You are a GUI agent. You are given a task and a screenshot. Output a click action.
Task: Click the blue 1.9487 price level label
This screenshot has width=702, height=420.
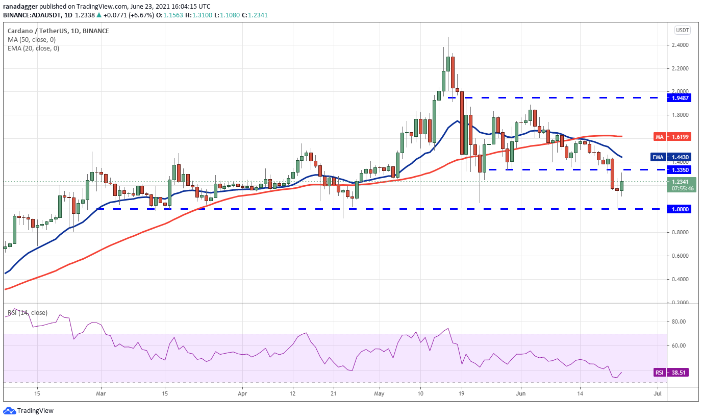679,98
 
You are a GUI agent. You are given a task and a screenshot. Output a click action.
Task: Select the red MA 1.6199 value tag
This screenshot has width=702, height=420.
672,137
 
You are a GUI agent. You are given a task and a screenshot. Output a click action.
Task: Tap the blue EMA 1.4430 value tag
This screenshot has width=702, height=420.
671,157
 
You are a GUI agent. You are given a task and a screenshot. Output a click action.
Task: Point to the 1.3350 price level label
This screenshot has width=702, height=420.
679,170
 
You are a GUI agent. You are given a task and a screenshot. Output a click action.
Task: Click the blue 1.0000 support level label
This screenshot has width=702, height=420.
679,209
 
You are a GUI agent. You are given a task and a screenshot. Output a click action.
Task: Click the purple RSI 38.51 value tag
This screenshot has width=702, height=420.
671,373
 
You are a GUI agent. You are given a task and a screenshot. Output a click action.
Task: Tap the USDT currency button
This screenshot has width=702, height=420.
682,30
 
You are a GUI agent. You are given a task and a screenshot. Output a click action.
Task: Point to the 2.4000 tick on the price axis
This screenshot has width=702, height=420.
680,45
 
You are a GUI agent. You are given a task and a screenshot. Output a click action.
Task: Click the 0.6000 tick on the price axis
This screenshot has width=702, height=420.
680,256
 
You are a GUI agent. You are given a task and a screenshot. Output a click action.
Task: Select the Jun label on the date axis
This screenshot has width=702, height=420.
520,393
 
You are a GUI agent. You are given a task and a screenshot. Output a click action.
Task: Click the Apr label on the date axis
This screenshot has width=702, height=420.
242,393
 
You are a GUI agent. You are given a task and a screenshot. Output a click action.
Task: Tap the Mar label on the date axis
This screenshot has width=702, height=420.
101,393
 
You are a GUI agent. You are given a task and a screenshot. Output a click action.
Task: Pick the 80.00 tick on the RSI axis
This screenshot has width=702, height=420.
679,322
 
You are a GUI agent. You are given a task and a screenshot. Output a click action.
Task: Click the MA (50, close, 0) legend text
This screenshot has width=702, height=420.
32,39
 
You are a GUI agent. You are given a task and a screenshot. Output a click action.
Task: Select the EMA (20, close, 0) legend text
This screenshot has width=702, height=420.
34,48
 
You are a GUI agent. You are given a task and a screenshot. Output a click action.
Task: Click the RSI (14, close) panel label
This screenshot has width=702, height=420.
28,312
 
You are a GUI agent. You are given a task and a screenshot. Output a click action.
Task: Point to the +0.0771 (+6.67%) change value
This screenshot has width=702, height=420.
129,15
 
